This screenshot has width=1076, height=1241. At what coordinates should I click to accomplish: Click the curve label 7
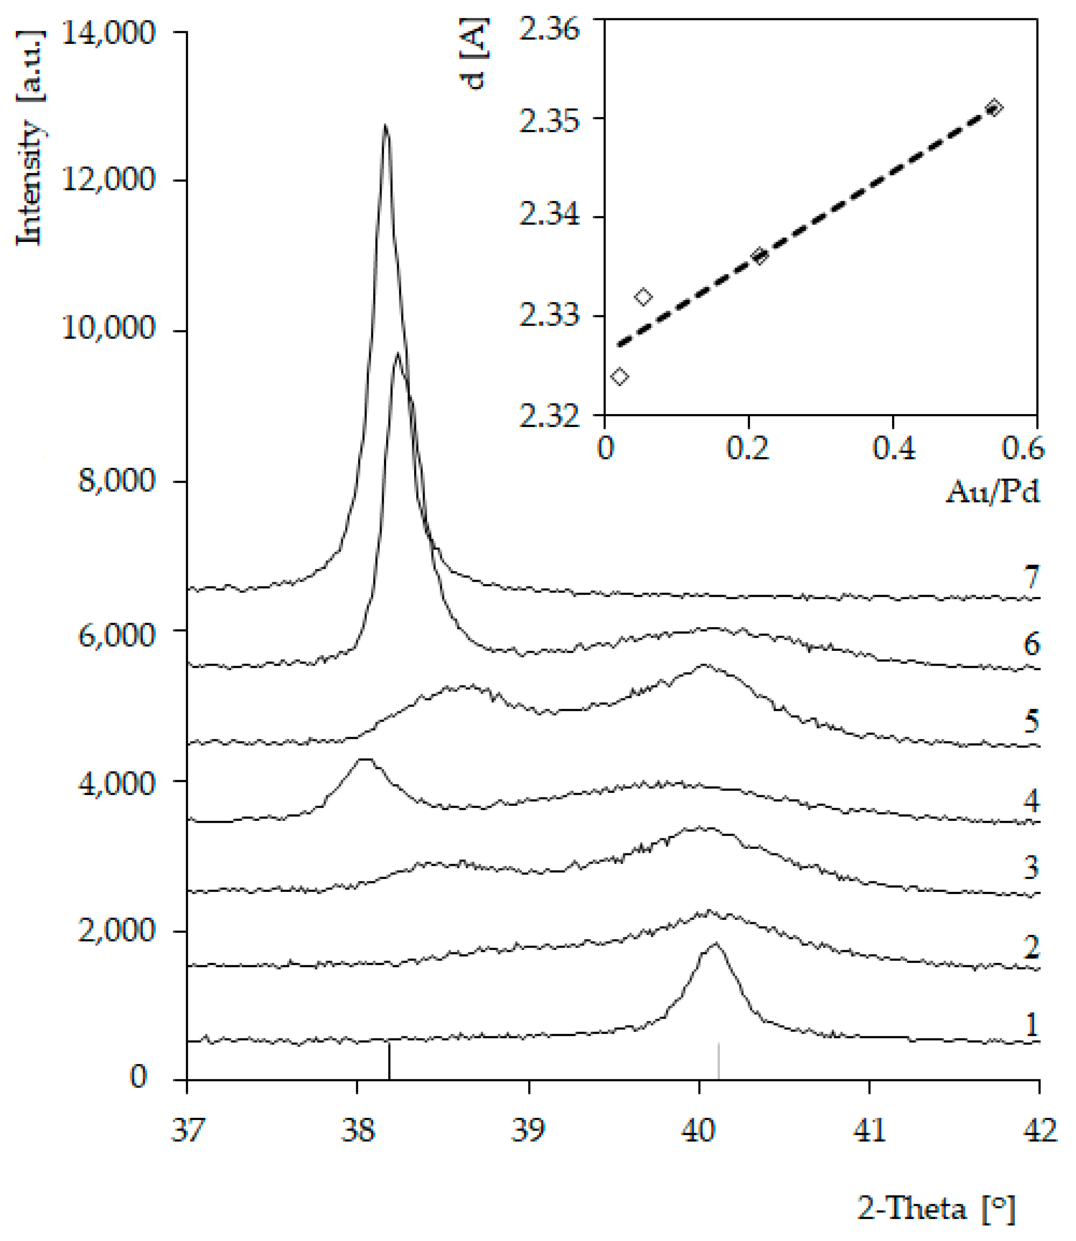coord(1031,578)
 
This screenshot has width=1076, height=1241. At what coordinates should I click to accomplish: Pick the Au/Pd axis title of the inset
coord(992,492)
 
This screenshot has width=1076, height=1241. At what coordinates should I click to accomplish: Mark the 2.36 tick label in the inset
coord(550,28)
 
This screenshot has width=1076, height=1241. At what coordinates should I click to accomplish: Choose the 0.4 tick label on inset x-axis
coord(893,448)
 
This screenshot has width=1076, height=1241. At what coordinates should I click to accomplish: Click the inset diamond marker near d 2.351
coord(994,108)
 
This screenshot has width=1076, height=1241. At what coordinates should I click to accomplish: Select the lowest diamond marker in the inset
coord(619,376)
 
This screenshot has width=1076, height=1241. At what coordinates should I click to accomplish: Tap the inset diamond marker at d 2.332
coord(643,297)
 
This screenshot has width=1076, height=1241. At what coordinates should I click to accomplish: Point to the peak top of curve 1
coord(715,943)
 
